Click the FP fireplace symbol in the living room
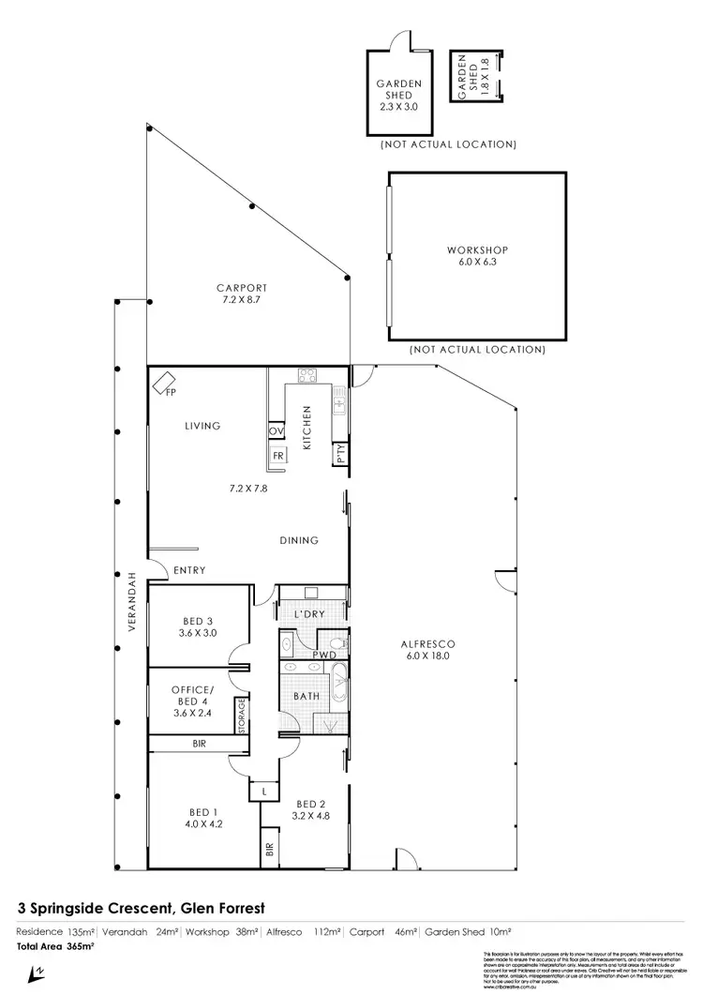[x=167, y=383]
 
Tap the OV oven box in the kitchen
[x=277, y=431]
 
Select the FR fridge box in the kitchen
[x=278, y=455]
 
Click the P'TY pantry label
[x=340, y=455]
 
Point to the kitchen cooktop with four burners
[x=307, y=377]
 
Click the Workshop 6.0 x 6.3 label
[x=477, y=257]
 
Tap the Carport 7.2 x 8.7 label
[x=242, y=294]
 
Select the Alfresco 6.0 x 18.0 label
[x=426, y=651]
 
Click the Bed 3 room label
[x=197, y=626]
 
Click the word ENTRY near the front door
[x=189, y=570]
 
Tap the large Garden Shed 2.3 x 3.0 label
[x=399, y=95]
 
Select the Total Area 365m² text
[x=55, y=947]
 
